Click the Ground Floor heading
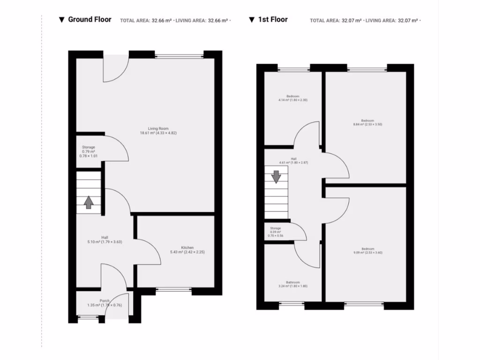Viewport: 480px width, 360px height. (90, 20)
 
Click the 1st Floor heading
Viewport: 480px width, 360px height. (273, 20)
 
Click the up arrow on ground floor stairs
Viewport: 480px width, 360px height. (88, 202)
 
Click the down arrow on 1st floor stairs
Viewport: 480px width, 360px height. (276, 176)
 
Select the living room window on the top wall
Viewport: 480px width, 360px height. (179, 56)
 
